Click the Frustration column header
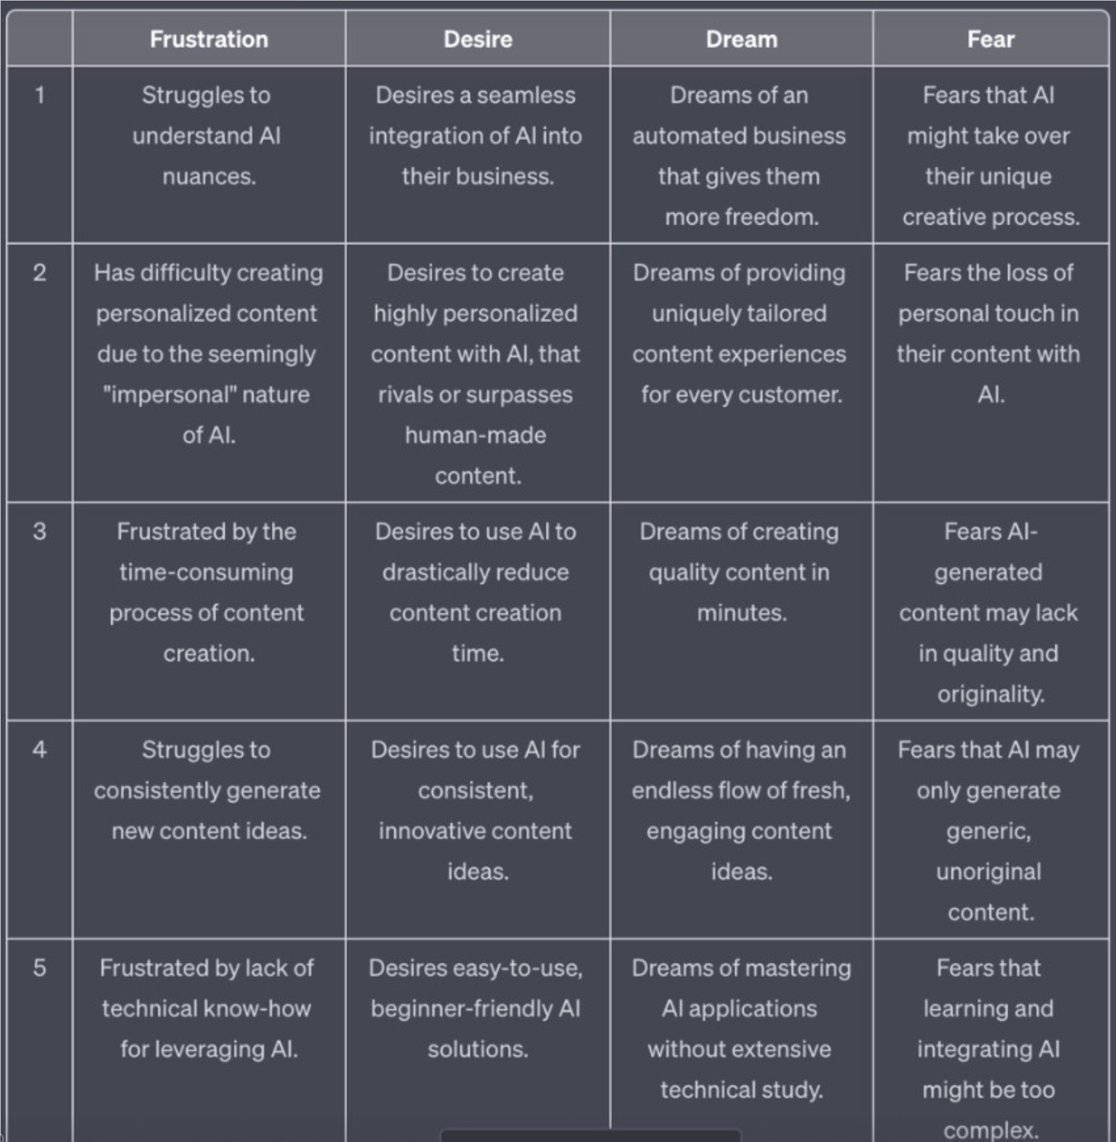(x=209, y=39)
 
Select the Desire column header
(x=477, y=39)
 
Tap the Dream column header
(x=741, y=39)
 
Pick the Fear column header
(x=990, y=39)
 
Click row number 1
(x=40, y=95)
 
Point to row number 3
(x=40, y=531)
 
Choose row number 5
(x=40, y=968)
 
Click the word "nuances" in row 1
(x=207, y=177)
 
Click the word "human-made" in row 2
(x=476, y=435)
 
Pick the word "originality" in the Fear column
(x=990, y=694)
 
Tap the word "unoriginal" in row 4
(x=988, y=872)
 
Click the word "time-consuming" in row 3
(x=206, y=573)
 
